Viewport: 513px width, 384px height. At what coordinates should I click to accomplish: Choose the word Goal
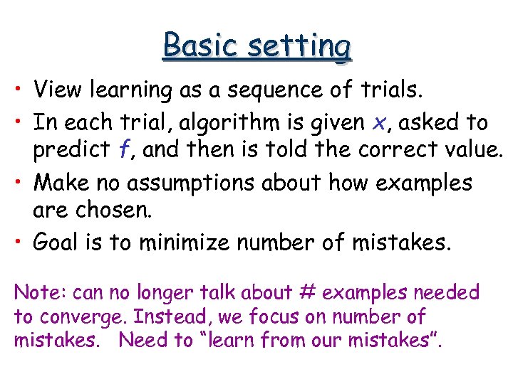58,243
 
